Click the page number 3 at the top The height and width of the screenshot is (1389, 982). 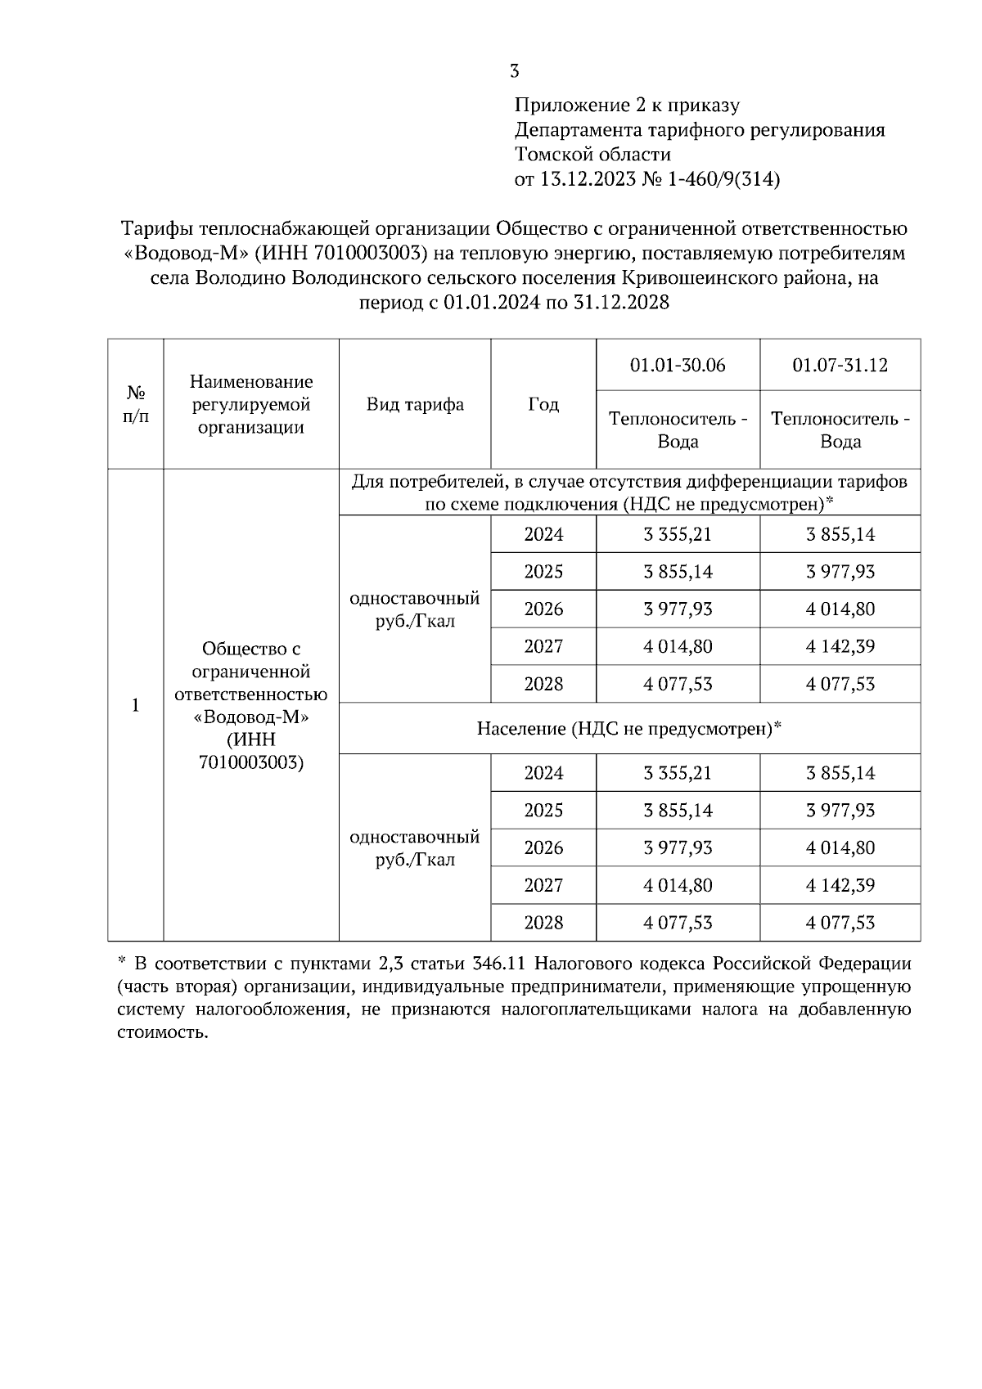coord(514,71)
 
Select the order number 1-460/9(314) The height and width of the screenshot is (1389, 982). coord(724,179)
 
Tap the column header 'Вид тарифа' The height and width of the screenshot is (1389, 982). coord(415,404)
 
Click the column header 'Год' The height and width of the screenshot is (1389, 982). coord(543,404)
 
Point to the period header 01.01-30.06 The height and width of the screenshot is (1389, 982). coord(678,365)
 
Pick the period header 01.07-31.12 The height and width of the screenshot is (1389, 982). coord(840,365)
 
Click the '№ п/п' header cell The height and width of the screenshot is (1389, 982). coord(136,404)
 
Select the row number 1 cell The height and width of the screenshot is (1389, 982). coord(136,705)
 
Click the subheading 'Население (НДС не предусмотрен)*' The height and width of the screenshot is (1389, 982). coord(629,728)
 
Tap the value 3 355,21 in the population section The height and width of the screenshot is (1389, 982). coord(678,773)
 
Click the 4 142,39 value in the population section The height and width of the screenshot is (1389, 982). coord(840,885)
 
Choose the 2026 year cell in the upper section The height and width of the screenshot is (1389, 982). coord(543,609)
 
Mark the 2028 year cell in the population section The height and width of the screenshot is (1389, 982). coord(543,923)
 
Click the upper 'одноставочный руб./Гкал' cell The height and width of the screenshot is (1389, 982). coord(415,609)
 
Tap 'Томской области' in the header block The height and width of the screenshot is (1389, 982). coord(592,155)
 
